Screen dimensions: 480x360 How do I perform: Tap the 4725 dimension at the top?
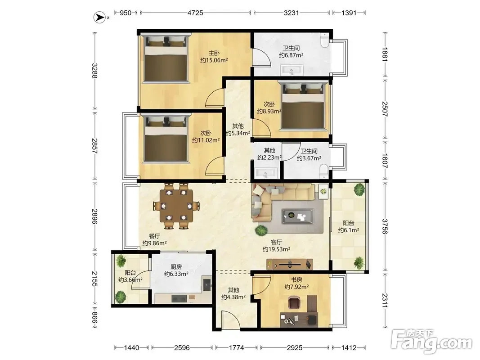[195, 13]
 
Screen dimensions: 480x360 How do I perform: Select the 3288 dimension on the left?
[94, 71]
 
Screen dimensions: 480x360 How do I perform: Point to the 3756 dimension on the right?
[385, 226]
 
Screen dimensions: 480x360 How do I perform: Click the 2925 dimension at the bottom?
[295, 348]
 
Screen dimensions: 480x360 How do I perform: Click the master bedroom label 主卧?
[214, 53]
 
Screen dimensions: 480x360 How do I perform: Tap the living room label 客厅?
[276, 242]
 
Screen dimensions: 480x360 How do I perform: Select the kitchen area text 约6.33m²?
[176, 274]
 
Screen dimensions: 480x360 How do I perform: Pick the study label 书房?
[296, 280]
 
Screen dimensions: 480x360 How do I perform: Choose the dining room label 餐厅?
[155, 236]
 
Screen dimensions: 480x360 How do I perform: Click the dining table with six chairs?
[177, 206]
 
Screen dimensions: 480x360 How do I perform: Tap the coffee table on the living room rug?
[297, 216]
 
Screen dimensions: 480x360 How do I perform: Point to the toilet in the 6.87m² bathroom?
[324, 40]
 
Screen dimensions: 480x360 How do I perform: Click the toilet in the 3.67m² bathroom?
[323, 171]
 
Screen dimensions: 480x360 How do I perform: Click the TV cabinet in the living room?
[290, 264]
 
